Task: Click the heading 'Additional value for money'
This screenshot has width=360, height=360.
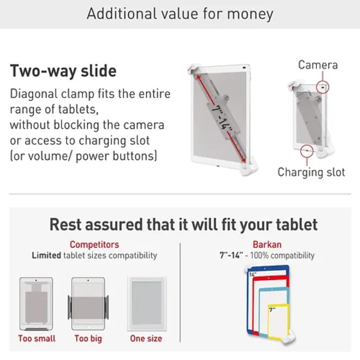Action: coord(180,14)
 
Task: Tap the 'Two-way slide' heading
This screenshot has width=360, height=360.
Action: coord(63,71)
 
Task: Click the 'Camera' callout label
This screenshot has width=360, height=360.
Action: coord(318,65)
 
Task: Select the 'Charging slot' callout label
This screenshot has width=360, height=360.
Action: coord(311,172)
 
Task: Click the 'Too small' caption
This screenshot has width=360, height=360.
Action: coord(37,338)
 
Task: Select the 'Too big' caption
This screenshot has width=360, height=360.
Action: coord(88,339)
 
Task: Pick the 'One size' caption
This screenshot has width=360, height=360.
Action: coord(146,338)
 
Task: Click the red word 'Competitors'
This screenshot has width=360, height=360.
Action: coord(94,244)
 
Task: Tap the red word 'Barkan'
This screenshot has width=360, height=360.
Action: coord(267,244)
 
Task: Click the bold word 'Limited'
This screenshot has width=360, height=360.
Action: coord(46,255)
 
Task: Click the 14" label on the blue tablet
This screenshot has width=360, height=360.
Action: coord(252,274)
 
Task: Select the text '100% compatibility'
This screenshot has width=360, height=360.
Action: coord(282,255)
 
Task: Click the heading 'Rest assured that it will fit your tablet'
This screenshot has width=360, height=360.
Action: coord(184,225)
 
